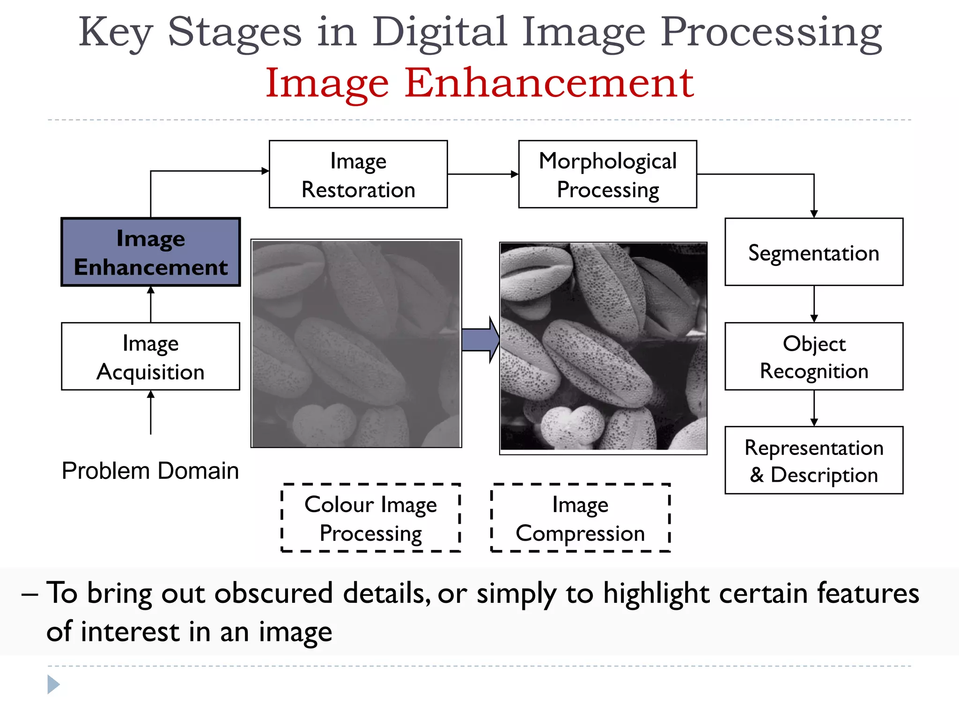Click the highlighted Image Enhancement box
tap(151, 252)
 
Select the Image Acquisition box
tap(151, 357)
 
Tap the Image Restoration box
tap(358, 175)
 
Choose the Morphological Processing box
tap(608, 175)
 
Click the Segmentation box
tap(814, 252)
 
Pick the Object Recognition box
tap(814, 357)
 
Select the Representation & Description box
tap(814, 461)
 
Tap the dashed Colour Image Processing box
tap(370, 518)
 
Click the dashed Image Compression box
tap(580, 518)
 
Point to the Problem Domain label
tap(150, 470)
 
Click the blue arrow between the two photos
tap(480, 340)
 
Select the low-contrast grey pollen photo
tap(356, 344)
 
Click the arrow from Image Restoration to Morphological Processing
tap(483, 174)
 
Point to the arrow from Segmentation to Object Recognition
tap(814, 304)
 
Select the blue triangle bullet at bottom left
tap(53, 685)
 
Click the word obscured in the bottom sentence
tap(273, 594)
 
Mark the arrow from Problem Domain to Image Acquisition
tap(151, 412)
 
